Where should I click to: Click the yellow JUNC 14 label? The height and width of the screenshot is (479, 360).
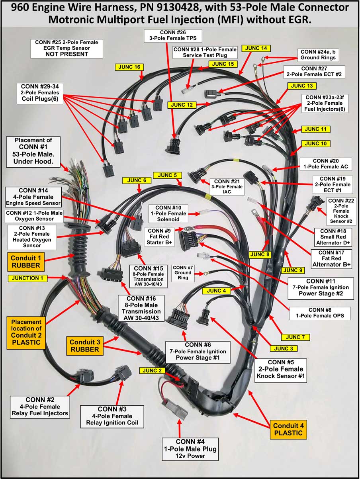point(256,48)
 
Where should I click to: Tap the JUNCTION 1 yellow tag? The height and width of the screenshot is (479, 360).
point(27,278)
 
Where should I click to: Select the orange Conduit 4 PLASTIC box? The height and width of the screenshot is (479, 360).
point(288,429)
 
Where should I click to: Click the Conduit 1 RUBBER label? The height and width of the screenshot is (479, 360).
point(26,262)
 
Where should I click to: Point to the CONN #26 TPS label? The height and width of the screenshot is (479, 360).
point(173,35)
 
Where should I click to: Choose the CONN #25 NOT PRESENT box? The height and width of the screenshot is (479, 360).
point(67,49)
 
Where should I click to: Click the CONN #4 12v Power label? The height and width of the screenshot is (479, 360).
point(190,449)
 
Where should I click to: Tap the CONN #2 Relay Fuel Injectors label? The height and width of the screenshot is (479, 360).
point(40,407)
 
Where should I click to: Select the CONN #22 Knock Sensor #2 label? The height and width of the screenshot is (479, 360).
point(341,211)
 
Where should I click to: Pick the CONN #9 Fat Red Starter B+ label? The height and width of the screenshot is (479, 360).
point(159,237)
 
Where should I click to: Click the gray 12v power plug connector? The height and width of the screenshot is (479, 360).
point(175,408)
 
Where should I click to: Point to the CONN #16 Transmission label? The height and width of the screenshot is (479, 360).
point(141,308)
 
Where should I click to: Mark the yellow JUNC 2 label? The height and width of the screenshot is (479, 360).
point(152,371)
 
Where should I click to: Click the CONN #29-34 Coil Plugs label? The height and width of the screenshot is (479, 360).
point(40,93)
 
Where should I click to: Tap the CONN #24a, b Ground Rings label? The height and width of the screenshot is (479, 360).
point(318,55)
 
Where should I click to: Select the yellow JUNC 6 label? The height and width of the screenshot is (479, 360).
point(137,180)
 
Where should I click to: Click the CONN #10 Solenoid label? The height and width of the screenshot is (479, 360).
point(168,213)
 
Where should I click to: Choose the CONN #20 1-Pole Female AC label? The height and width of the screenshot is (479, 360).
point(326,164)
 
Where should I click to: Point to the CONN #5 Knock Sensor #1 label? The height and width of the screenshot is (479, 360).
point(281,370)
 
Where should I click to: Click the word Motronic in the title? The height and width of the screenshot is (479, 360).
point(72,20)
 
